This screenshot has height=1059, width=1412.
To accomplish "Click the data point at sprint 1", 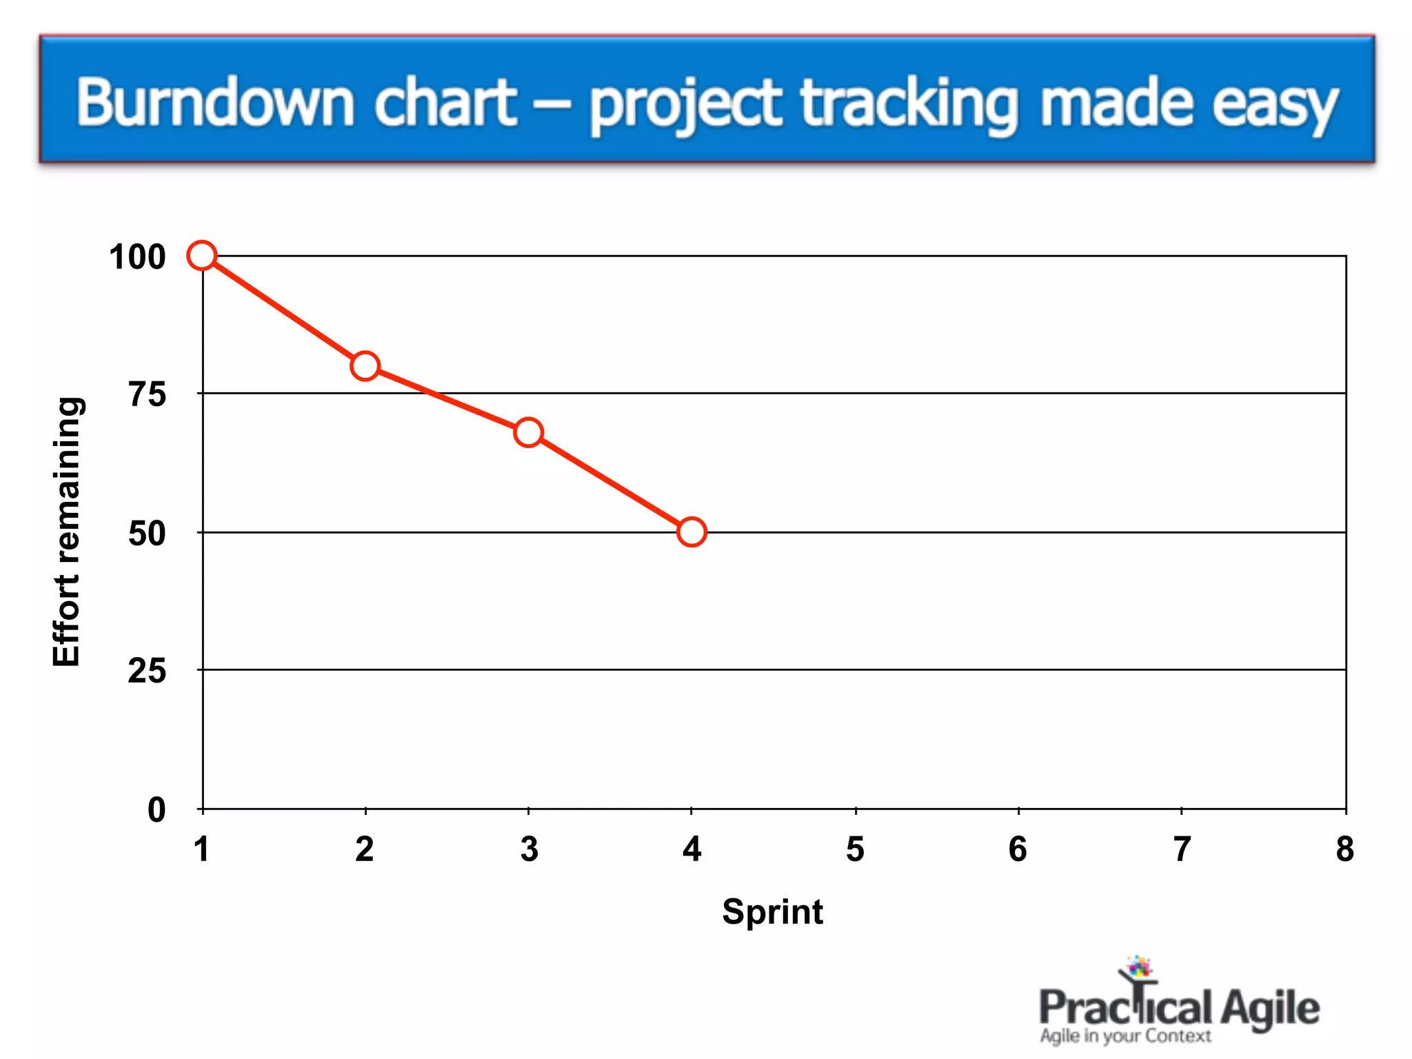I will [x=202, y=256].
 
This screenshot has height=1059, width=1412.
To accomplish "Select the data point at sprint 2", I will [x=365, y=366].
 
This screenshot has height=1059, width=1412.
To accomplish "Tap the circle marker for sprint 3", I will [x=528, y=432].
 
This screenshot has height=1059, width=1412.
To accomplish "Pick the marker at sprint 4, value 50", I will [x=692, y=532].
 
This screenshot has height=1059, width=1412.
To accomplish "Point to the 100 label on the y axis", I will [x=137, y=257].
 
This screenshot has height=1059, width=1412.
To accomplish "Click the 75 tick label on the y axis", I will [x=148, y=395].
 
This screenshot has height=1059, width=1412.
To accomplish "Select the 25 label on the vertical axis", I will [x=147, y=671].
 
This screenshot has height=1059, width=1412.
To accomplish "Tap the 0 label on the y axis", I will [x=157, y=809].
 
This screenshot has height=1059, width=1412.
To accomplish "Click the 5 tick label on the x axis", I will [x=855, y=849].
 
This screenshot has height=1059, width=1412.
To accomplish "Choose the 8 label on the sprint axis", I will [x=1344, y=849].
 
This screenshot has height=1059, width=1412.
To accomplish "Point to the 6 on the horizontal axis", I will [x=1018, y=849].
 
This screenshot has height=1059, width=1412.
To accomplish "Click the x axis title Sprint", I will [x=772, y=912].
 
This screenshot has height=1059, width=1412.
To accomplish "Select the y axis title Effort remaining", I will [x=67, y=532].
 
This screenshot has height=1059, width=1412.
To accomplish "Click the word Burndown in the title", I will [x=215, y=103].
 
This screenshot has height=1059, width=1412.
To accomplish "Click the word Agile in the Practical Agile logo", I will [x=1269, y=1009].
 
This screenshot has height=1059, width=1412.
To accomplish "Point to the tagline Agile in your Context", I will [x=1125, y=1036].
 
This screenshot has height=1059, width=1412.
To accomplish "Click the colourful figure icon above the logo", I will [x=1138, y=968].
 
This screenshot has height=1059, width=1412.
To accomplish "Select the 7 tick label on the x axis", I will [x=1182, y=849].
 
